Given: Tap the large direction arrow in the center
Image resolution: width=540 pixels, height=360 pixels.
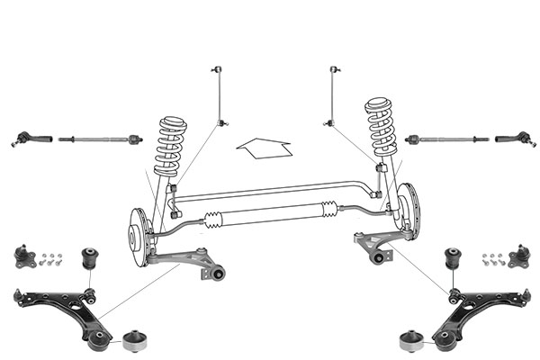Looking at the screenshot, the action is [264, 144].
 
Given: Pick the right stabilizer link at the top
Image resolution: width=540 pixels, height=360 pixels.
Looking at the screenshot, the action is [336, 94].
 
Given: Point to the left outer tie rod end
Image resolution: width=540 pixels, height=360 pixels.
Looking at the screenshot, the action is [25, 139].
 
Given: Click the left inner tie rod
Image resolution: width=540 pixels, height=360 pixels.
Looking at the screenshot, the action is [99, 139].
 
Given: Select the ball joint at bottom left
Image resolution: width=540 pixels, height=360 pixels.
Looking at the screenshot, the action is [23, 258].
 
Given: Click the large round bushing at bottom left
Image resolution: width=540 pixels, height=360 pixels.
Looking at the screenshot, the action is [132, 341].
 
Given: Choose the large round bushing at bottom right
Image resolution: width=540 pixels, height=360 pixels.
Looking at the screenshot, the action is [410, 341].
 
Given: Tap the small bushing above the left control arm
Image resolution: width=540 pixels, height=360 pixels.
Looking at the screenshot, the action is [90, 259].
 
